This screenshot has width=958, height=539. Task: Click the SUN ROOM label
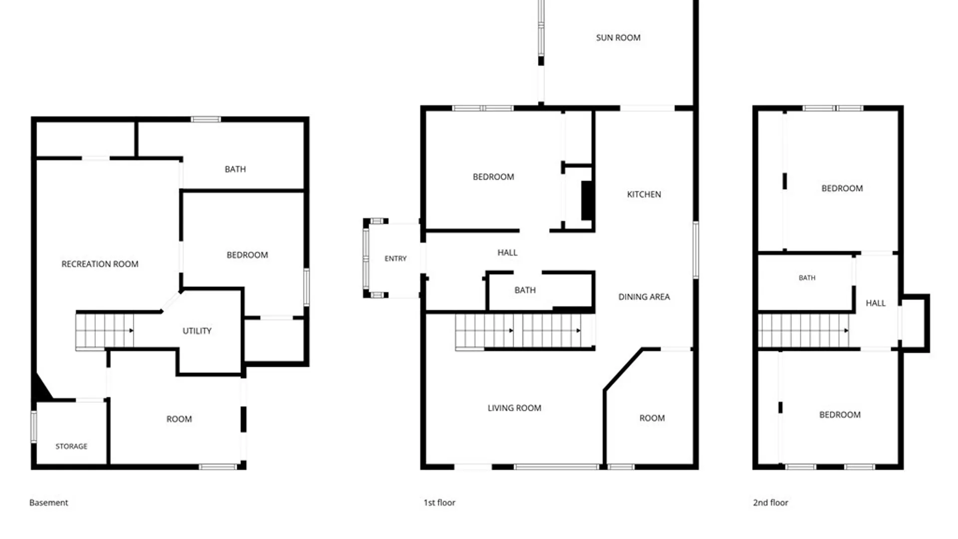coord(618,37)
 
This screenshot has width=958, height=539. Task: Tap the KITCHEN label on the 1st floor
coord(644,194)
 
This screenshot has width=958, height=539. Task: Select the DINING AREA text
coord(644,296)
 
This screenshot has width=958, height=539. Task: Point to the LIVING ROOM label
coord(514,408)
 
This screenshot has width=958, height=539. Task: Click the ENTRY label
coord(396,259)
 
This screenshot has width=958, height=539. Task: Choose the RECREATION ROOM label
coord(100,264)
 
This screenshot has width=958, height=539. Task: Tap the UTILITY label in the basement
coord(197,331)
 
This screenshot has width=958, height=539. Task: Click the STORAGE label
coord(71,446)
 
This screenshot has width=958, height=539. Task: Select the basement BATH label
coord(235,169)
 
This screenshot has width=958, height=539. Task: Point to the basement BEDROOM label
coord(247,255)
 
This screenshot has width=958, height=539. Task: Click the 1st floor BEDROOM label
coord(493,177)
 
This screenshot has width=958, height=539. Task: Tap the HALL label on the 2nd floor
coord(876,303)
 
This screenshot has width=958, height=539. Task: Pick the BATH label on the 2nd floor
coord(807,278)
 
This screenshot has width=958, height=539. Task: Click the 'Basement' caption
coord(48,503)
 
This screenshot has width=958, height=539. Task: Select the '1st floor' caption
coord(440,503)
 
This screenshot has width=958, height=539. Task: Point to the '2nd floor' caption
coord(770,503)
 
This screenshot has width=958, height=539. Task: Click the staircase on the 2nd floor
coord(803,330)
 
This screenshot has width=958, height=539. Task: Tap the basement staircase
coord(104,331)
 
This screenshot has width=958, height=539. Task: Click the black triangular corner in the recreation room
coord(41,387)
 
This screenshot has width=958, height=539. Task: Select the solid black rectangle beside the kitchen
coord(587,200)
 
